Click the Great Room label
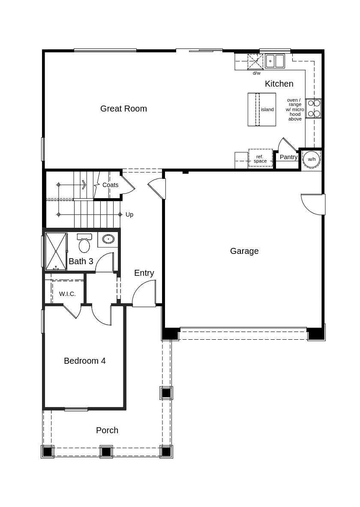[x=123, y=109]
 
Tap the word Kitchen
[x=279, y=84]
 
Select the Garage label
[x=244, y=251]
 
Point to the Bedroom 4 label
[x=85, y=361]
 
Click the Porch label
[x=107, y=430]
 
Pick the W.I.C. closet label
[x=67, y=294]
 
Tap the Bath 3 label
[x=81, y=261]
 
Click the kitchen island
[x=262, y=109]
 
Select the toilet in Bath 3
[x=84, y=244]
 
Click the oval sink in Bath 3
[x=108, y=239]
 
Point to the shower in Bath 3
[x=56, y=251]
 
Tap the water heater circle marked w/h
[x=312, y=159]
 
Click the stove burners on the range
[x=314, y=109]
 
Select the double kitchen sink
[x=275, y=61]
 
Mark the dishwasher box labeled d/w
[x=255, y=62]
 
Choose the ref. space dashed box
[x=260, y=158]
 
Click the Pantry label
[x=288, y=157]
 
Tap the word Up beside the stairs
[x=129, y=214]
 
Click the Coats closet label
[x=110, y=185]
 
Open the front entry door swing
[x=144, y=293]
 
